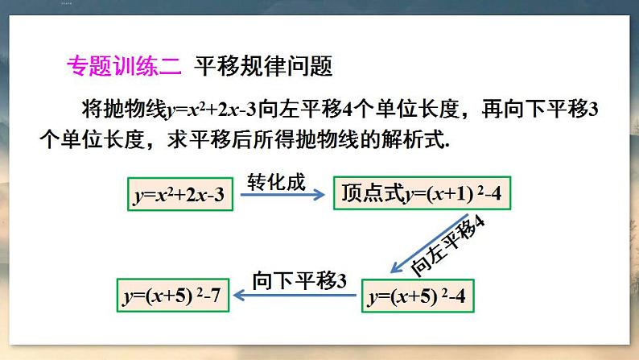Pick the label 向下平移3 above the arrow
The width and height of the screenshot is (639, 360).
pos(299,280)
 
